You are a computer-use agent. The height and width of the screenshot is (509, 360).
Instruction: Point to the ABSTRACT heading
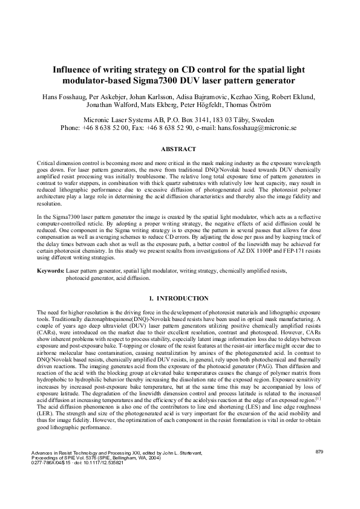coord(179,149)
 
